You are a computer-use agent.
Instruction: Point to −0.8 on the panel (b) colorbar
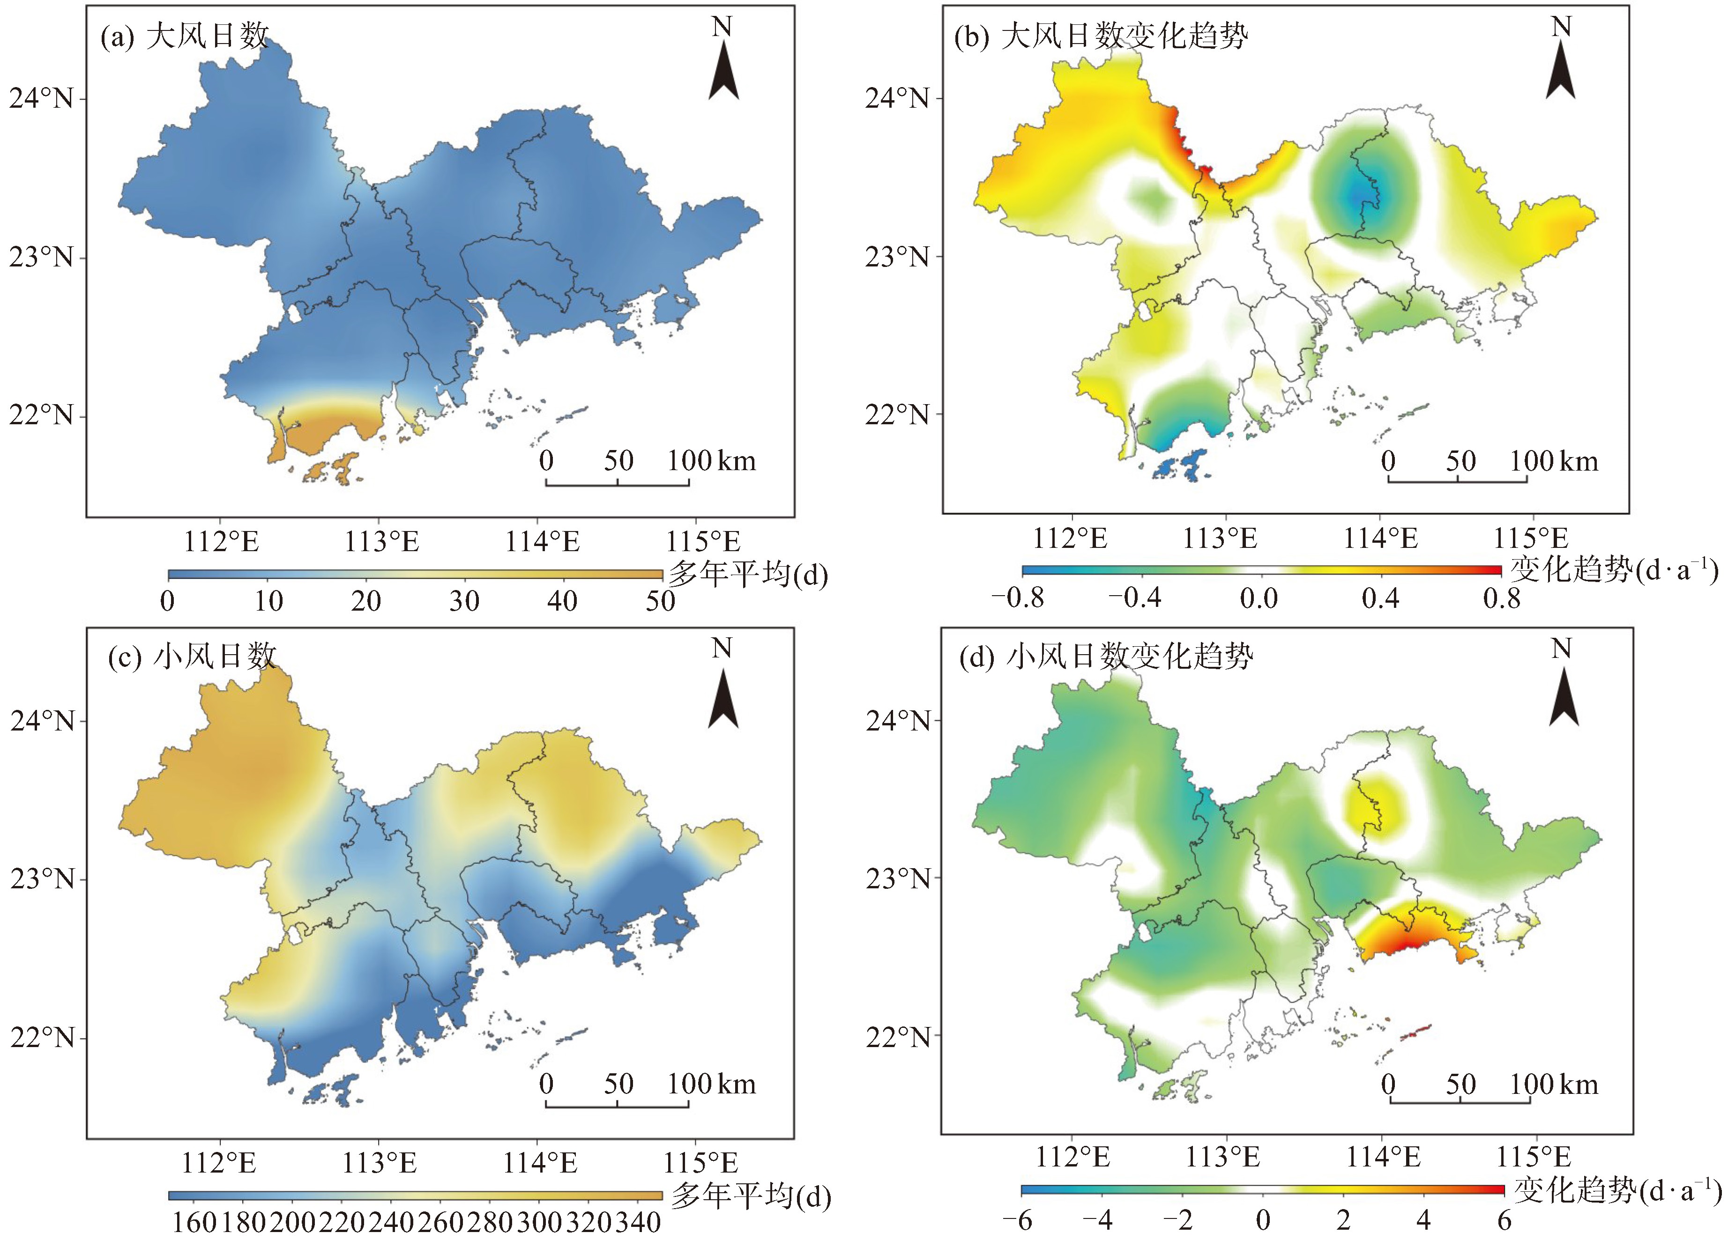pos(1018,598)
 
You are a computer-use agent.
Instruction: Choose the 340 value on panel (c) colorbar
pos(639,1223)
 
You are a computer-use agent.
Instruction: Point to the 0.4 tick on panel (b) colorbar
pos(1380,598)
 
